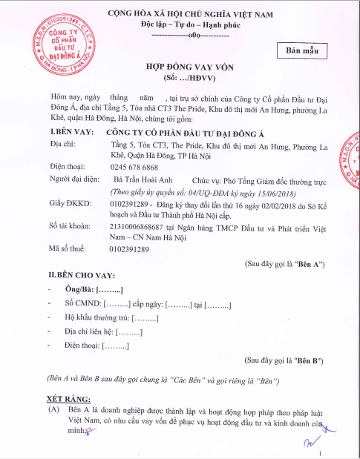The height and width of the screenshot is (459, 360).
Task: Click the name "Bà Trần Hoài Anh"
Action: (x=143, y=180)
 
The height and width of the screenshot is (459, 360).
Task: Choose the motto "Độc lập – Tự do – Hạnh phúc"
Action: (x=180, y=24)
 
